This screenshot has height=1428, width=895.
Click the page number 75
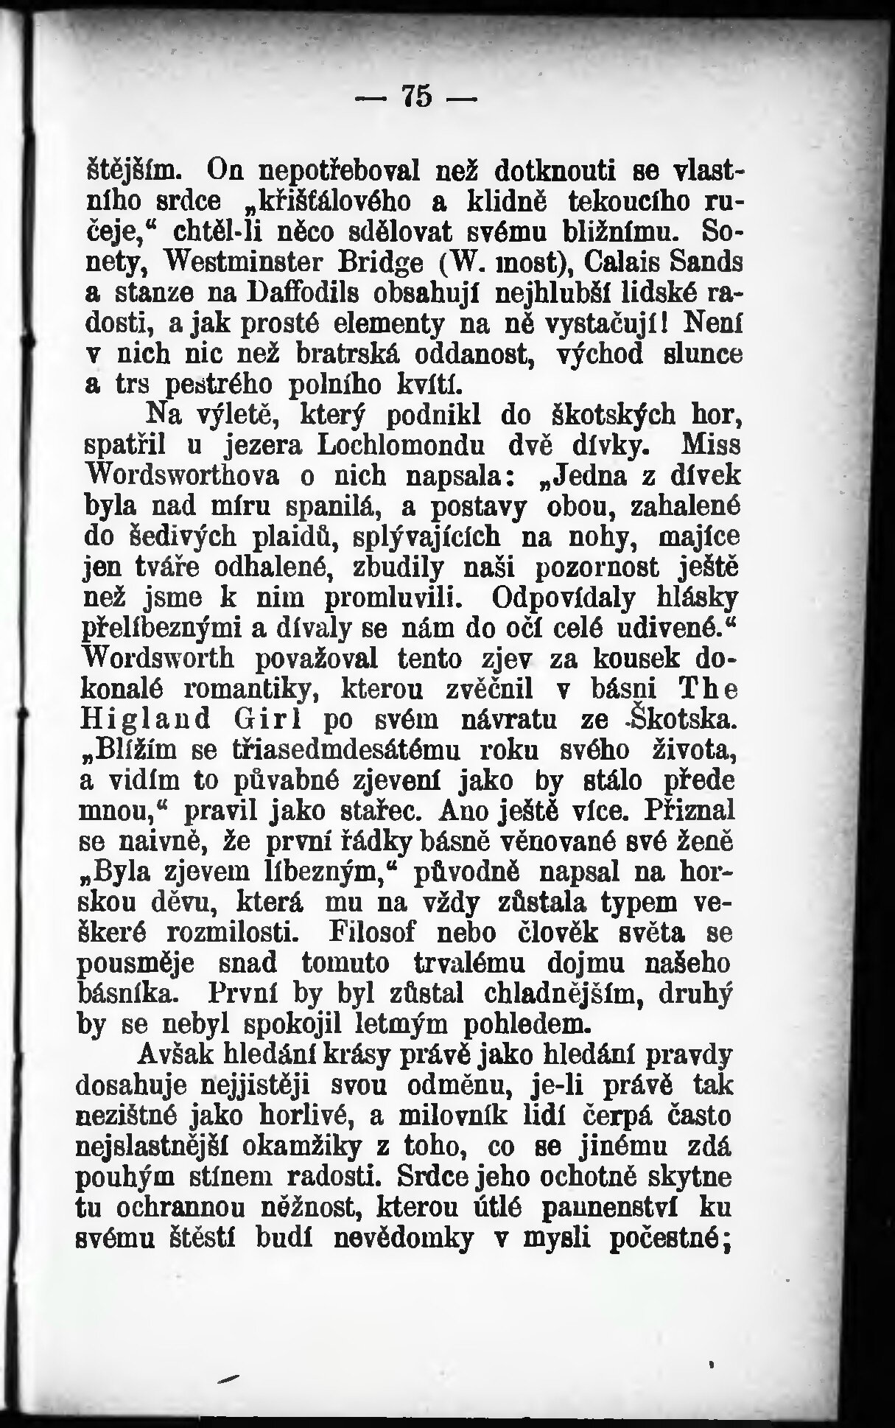point(417,96)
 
